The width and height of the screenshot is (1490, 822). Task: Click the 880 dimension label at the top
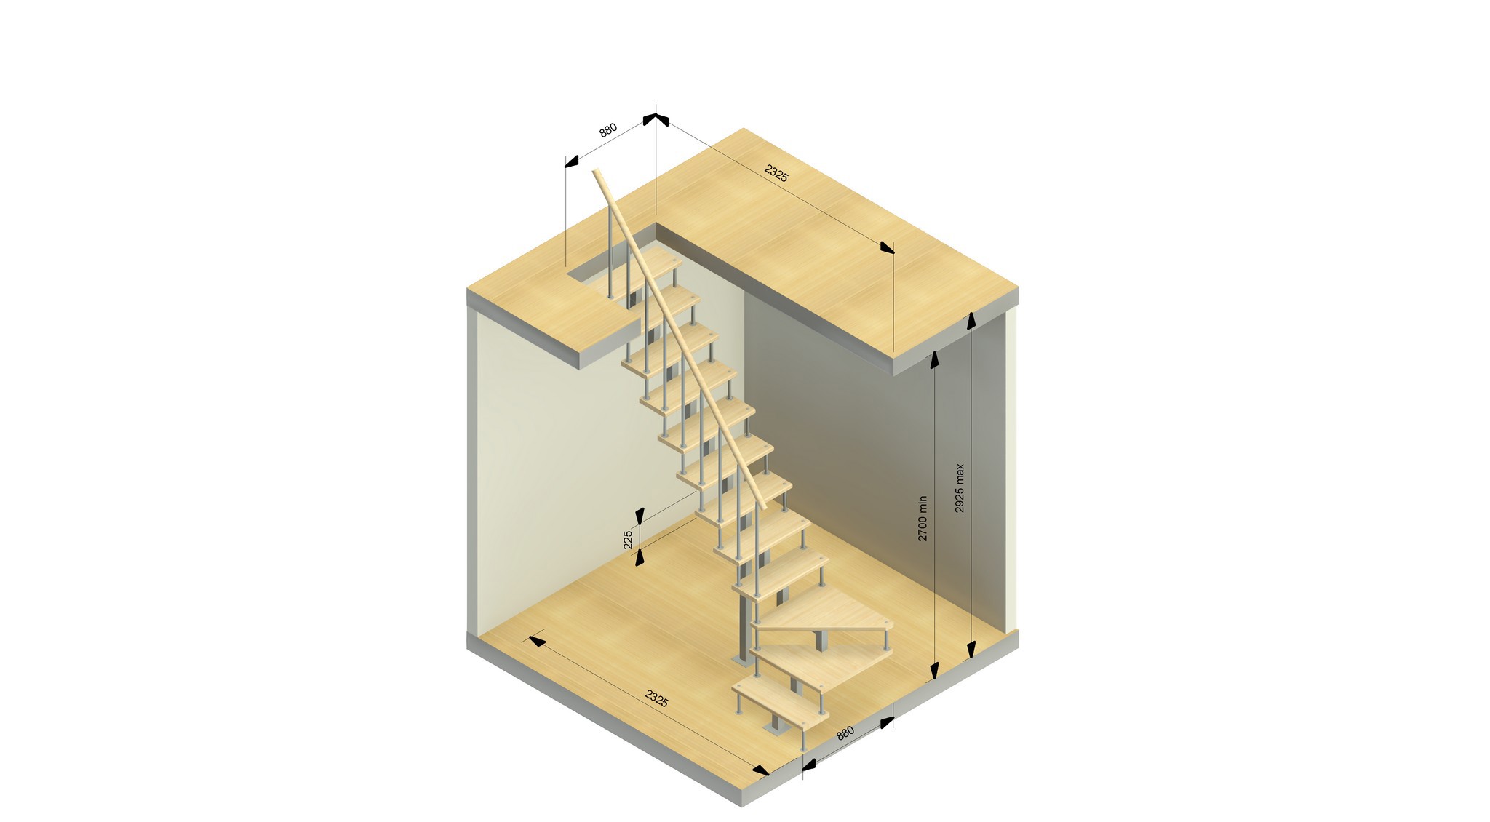click(607, 130)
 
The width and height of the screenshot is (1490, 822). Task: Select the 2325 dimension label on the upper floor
click(776, 174)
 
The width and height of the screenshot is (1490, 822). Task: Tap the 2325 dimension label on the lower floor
click(656, 698)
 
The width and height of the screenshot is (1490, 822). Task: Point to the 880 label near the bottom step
click(845, 733)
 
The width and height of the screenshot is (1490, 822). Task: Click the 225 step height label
click(629, 540)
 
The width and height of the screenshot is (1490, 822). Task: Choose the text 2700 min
click(923, 518)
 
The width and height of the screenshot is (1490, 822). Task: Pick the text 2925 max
click(960, 488)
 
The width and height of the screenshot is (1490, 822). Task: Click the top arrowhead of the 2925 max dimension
click(971, 321)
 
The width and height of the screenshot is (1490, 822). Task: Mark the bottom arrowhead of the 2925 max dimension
click(971, 650)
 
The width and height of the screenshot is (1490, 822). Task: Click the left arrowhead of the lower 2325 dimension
click(537, 640)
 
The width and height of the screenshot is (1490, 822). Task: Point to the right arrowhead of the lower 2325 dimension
click(760, 770)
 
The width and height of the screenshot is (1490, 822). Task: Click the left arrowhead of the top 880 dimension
click(572, 161)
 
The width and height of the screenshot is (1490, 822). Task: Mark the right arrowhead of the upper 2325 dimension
click(886, 248)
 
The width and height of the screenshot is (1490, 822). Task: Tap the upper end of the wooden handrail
click(597, 173)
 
